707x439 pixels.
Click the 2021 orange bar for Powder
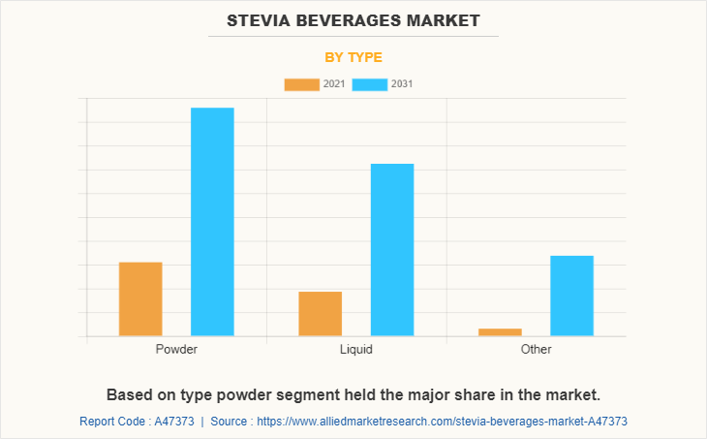pyautogui.click(x=140, y=299)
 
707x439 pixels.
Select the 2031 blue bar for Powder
pyautogui.click(x=212, y=222)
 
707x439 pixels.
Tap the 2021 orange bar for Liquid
pyautogui.click(x=320, y=314)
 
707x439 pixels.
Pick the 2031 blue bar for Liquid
pyautogui.click(x=392, y=250)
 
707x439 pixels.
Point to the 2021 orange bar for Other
pyautogui.click(x=500, y=332)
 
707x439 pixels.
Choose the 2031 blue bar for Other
pyautogui.click(x=571, y=296)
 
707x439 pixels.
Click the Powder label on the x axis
pyautogui.click(x=176, y=349)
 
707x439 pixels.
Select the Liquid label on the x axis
pyautogui.click(x=356, y=349)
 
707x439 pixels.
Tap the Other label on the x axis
pyautogui.click(x=536, y=349)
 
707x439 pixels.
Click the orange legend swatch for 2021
pyautogui.click(x=301, y=84)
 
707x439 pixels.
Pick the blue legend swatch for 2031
pyautogui.click(x=370, y=84)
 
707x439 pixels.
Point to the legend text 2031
pyautogui.click(x=402, y=84)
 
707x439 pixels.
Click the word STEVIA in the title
pyautogui.click(x=261, y=19)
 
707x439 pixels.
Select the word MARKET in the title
pyautogui.click(x=445, y=19)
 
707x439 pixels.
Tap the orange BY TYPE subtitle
pyautogui.click(x=353, y=57)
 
